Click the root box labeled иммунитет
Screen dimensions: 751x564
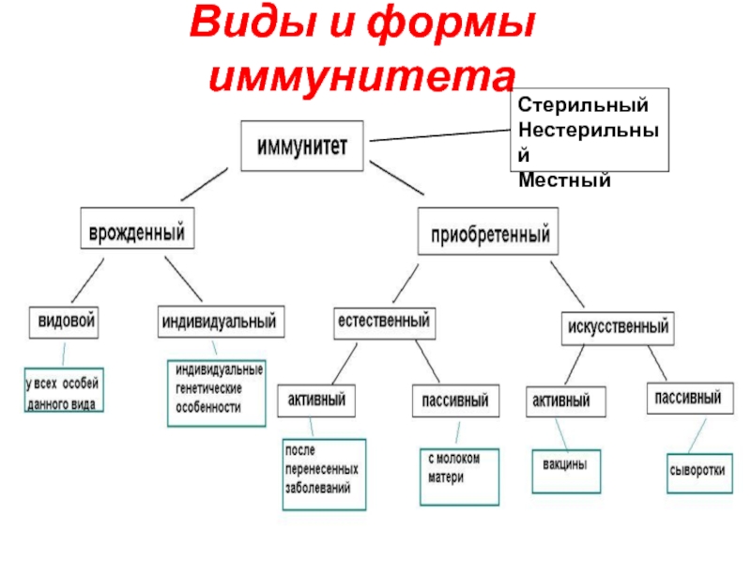coord(301,146)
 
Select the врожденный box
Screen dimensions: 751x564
coord(137,228)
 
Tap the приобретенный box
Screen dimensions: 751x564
coord(488,231)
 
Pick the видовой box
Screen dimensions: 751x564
coord(64,322)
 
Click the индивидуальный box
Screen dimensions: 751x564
coord(221,321)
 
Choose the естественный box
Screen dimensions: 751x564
coord(385,323)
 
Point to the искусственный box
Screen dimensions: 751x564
coord(618,328)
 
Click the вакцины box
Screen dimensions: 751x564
coord(566,472)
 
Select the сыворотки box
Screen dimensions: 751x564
coord(699,474)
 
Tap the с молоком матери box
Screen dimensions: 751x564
coord(459,477)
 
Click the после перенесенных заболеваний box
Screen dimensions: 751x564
coord(324,475)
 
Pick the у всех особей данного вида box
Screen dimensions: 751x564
coord(64,390)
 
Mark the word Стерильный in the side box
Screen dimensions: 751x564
coord(583,104)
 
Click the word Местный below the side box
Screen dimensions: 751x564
coord(564,180)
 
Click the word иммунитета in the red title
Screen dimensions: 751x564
coord(362,77)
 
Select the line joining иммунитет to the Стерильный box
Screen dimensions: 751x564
coord(439,135)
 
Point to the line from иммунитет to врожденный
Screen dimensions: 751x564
coord(205,184)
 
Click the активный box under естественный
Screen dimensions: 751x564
coord(316,400)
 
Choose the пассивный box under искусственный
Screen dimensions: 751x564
coord(690,398)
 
